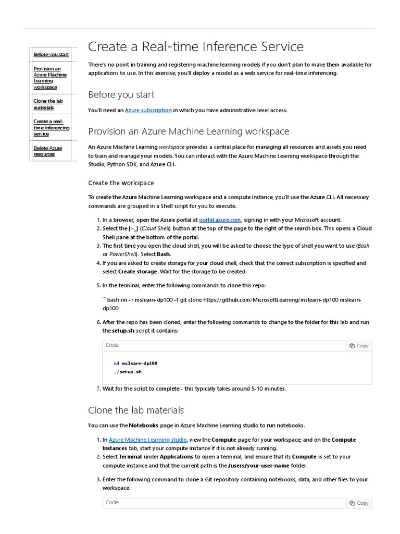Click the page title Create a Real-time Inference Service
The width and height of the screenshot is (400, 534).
(195, 46)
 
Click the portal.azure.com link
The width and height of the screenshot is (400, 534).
(220, 220)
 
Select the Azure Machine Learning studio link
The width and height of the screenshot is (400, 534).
(147, 440)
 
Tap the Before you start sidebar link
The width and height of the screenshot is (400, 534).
(51, 54)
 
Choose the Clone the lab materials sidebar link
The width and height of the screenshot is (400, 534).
(48, 104)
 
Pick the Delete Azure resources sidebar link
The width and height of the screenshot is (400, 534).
(48, 151)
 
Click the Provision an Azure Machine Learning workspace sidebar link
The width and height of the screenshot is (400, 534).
(50, 78)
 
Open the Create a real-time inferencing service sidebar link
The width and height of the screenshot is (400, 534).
(51, 128)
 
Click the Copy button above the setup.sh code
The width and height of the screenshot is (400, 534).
(359, 345)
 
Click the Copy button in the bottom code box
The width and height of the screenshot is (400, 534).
(359, 503)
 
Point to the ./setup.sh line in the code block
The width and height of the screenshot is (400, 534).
(128, 372)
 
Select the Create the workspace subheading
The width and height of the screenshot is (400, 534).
(121, 183)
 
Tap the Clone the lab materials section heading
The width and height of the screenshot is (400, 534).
(136, 410)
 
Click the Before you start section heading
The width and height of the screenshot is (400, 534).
(121, 94)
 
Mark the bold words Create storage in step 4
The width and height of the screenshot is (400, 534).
(137, 272)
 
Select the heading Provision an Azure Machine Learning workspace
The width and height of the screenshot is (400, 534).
(189, 131)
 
